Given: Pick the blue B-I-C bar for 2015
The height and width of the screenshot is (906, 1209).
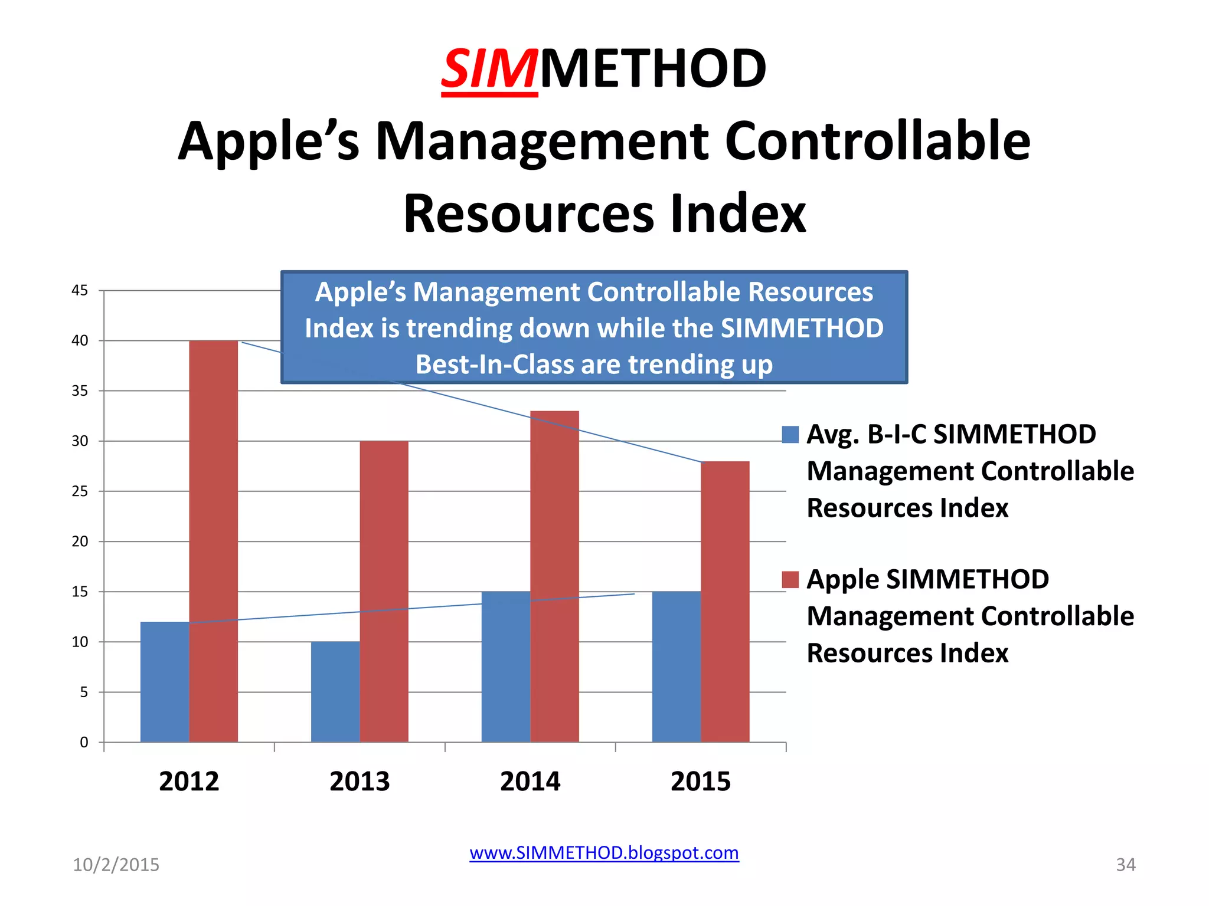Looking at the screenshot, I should [x=676, y=667].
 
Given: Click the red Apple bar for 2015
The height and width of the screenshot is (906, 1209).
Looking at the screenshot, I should [x=725, y=602].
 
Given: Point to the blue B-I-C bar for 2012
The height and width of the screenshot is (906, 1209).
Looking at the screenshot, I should [x=165, y=682].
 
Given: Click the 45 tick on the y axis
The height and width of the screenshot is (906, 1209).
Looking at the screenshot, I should [x=80, y=290].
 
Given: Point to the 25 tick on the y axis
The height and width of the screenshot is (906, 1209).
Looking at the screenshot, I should [x=80, y=491].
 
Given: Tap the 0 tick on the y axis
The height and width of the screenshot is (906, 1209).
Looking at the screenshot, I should [x=84, y=743].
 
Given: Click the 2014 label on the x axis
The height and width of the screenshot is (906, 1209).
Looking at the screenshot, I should [x=530, y=782].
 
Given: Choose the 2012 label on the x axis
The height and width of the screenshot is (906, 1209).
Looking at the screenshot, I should [x=189, y=782].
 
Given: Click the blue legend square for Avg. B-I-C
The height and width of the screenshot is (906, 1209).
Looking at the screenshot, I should [x=790, y=435].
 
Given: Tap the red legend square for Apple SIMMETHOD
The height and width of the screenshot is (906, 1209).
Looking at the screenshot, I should [x=790, y=580].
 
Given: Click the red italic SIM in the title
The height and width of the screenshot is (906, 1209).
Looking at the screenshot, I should [x=489, y=70].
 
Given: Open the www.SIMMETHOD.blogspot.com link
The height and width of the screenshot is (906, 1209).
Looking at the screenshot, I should [x=604, y=853].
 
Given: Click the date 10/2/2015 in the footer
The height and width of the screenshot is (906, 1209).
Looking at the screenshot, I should [x=116, y=865].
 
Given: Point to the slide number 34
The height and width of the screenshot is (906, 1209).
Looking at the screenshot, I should [x=1125, y=865].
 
